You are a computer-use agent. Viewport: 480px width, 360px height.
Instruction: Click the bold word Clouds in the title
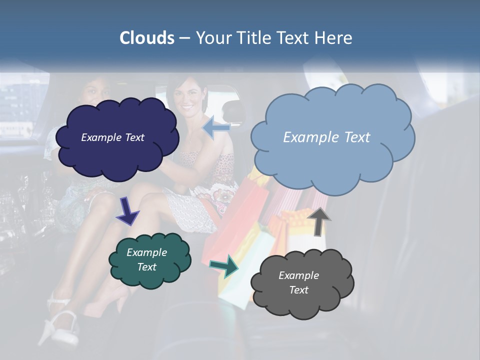tap(147, 38)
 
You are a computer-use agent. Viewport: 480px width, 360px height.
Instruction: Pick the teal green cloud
tap(150, 277)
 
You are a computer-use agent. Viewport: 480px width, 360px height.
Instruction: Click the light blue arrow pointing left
tap(216, 127)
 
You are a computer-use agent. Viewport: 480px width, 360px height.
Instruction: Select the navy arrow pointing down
tap(127, 211)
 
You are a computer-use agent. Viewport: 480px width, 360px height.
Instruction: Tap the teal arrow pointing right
tap(224, 266)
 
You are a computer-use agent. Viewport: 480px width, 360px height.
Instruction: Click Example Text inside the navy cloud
tap(112, 137)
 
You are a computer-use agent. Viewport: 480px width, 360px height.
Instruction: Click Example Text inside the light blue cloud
tap(326, 137)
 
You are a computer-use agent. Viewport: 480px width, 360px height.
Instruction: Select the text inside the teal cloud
tap(146, 259)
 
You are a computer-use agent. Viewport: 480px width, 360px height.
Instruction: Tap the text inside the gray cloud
tap(298, 282)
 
